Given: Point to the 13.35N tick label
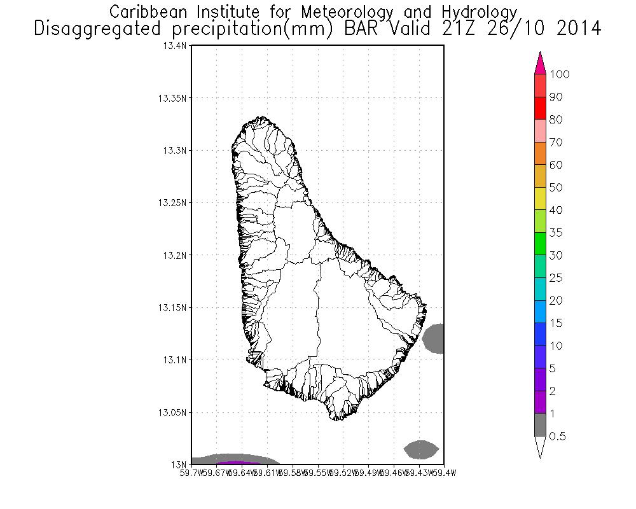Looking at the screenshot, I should coord(173,99).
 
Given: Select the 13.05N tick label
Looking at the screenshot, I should coord(173,412).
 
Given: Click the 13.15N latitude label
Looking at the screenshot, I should coord(173,307).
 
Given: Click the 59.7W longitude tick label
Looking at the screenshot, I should coord(191,473).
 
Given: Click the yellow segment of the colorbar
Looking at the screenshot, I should coord(541,199).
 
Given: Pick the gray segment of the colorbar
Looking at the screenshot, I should coord(541,424).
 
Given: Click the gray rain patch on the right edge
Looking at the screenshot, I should coord(434,338).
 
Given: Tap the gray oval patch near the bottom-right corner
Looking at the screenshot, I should coord(422,450).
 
